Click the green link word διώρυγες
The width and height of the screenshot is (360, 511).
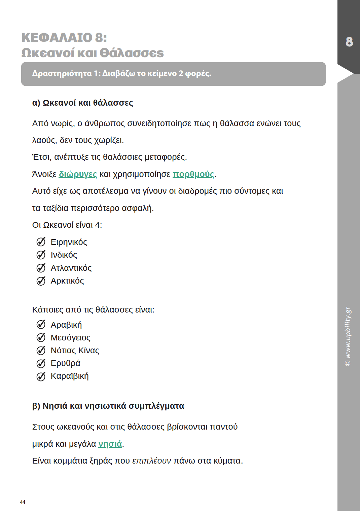[x=78, y=174]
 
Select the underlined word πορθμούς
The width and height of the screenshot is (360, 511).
[x=193, y=174]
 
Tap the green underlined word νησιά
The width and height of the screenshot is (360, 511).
[x=110, y=444]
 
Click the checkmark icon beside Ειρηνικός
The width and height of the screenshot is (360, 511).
[x=41, y=242]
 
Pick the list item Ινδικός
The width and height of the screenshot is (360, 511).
[x=64, y=255]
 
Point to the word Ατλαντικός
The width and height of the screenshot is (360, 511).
[x=71, y=268]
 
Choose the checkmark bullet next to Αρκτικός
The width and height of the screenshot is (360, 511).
[x=41, y=281]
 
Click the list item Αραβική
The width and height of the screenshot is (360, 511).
[x=66, y=325]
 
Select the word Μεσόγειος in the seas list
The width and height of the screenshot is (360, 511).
[x=71, y=338]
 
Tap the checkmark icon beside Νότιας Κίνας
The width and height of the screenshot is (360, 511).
[x=41, y=351]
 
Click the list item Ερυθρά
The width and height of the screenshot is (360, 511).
[x=66, y=363]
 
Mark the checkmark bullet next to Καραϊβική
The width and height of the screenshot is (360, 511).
[x=41, y=376]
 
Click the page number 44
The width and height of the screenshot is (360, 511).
[x=23, y=502]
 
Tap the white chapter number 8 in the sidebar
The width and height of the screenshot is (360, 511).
[x=349, y=42]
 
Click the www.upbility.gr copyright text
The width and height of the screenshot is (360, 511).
[x=348, y=336]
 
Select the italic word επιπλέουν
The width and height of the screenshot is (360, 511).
[x=151, y=461]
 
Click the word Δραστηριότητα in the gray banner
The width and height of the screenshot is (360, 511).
[x=62, y=73]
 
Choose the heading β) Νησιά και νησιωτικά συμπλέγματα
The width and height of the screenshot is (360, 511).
[x=108, y=406]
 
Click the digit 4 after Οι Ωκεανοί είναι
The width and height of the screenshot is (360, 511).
[x=98, y=225]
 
